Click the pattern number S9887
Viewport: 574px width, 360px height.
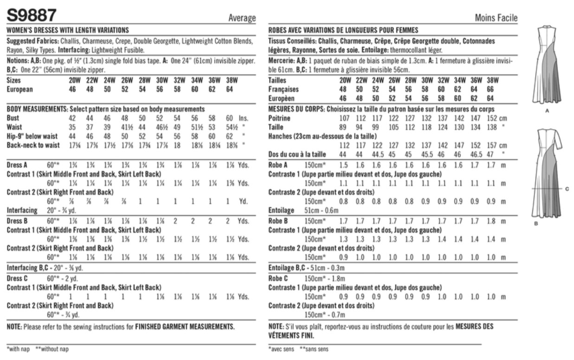click(32, 15)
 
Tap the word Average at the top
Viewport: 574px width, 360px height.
click(242, 18)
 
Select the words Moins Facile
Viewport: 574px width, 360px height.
click(496, 18)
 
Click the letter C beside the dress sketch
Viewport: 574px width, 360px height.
click(567, 188)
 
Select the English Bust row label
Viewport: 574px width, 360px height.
click(13, 118)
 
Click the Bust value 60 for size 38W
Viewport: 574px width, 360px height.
click(229, 118)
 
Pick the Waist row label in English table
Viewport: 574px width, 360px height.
click(14, 127)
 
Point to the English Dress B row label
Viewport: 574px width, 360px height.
click(18, 221)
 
